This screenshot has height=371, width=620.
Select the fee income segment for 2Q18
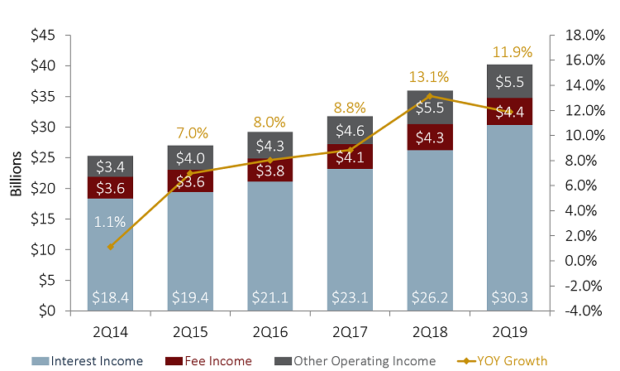click(x=427, y=137)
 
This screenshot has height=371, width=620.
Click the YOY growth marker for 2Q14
click(x=110, y=247)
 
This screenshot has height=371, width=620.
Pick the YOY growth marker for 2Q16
click(x=269, y=160)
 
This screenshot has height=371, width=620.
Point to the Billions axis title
click(x=17, y=174)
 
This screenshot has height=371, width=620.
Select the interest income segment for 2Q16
click(x=269, y=240)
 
